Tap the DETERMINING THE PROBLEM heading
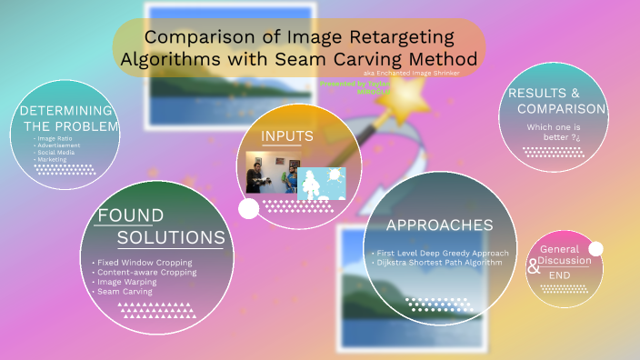(x=70, y=118)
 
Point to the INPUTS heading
(x=287, y=136)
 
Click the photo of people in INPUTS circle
(x=271, y=173)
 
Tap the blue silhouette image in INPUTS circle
(x=322, y=183)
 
